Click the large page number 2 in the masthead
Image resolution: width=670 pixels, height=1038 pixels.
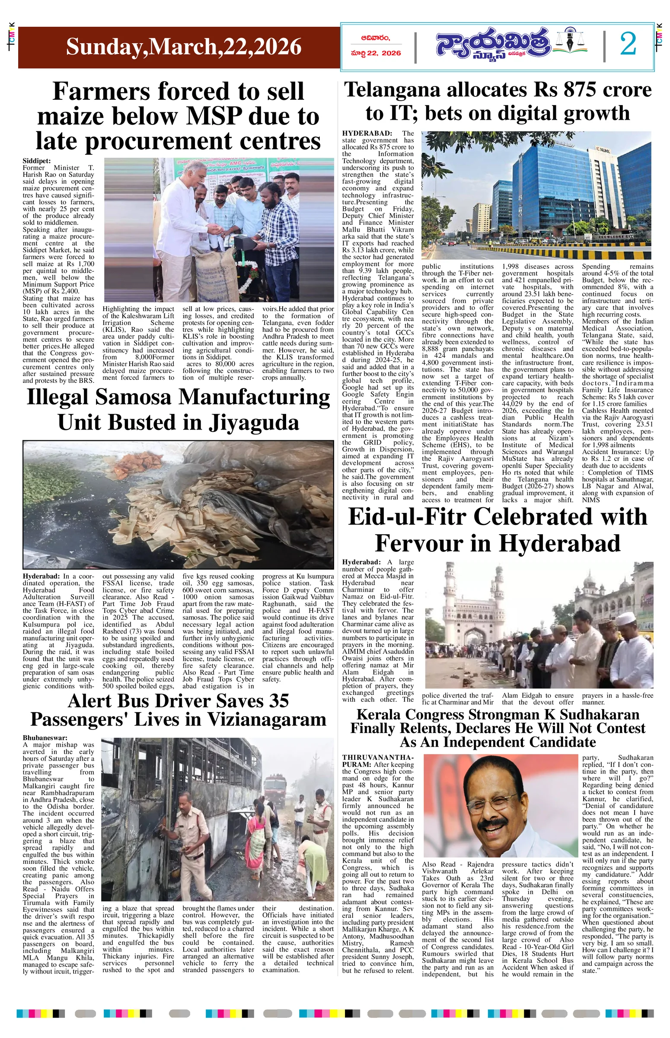[628, 45]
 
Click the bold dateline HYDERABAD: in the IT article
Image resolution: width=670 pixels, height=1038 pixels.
[367, 133]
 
